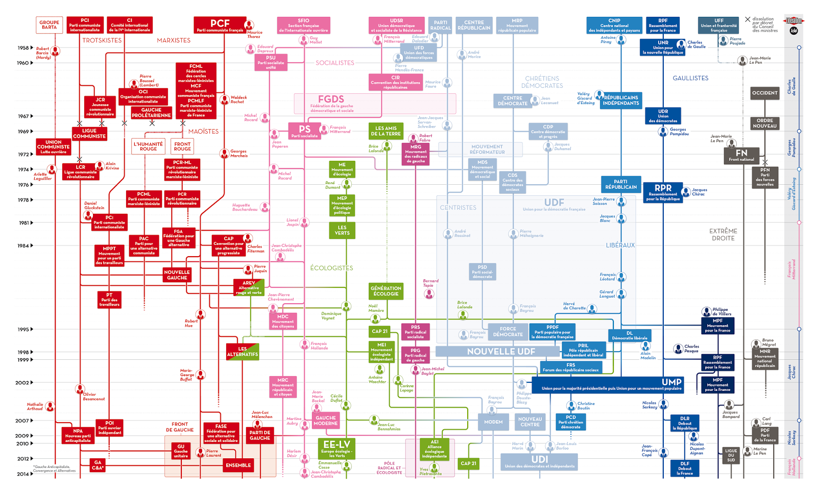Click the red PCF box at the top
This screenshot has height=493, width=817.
pos(220,25)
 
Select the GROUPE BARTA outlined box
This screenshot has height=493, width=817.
pos(49,24)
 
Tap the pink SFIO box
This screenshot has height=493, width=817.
pos(303,25)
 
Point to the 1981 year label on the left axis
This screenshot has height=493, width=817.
pos(24,223)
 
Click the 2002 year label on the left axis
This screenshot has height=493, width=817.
pos(22,383)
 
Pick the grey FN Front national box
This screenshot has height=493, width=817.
pos(741,155)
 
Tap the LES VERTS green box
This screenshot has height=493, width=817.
pos(342,231)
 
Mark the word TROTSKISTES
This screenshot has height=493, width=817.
pos(102,40)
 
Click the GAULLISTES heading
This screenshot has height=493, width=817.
pos(690,78)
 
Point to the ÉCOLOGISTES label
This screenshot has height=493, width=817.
pos(331,268)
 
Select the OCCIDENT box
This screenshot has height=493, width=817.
pos(764,93)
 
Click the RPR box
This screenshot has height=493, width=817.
pos(663,192)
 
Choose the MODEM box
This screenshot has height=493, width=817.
pos(493,422)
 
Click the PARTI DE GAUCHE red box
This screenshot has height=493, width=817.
pos(260,435)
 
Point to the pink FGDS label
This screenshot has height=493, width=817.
pos(331,100)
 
